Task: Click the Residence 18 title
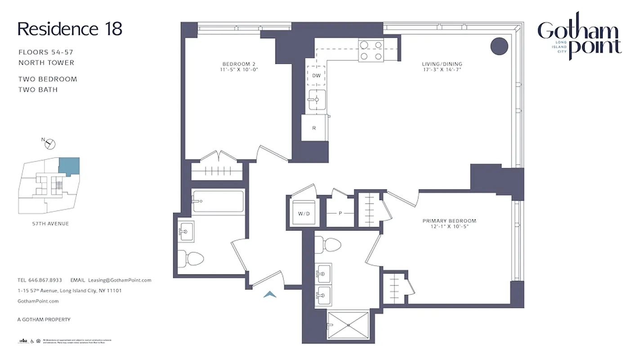(x=70, y=29)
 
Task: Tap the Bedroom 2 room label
(x=239, y=67)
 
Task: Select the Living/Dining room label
(x=442, y=67)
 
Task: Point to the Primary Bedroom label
(x=449, y=224)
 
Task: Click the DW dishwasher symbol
(x=316, y=76)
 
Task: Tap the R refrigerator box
(x=314, y=128)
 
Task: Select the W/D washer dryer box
(x=304, y=214)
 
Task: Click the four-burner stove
(x=371, y=50)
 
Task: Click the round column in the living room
(x=499, y=45)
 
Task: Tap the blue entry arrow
(x=269, y=294)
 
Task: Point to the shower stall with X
(x=348, y=325)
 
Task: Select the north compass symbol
(x=50, y=144)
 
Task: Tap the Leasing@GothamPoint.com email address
(x=120, y=280)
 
